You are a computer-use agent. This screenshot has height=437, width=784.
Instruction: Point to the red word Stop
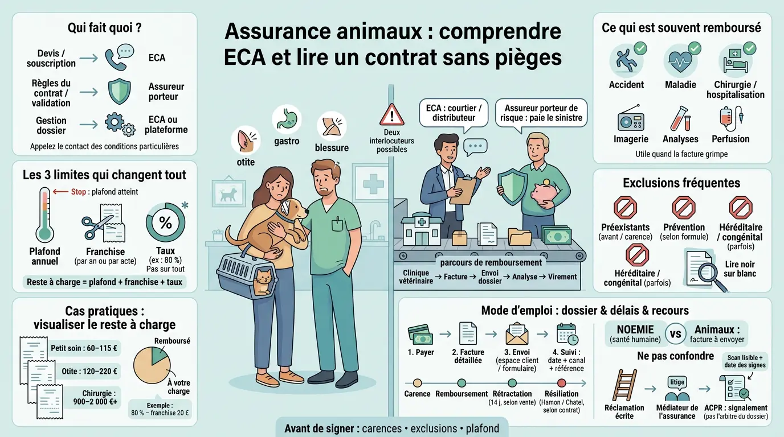pyautogui.click(x=79, y=192)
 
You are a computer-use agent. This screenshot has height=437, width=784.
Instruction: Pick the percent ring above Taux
pyautogui.click(x=165, y=222)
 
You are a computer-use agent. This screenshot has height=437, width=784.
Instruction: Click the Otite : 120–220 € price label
pyautogui.click(x=89, y=372)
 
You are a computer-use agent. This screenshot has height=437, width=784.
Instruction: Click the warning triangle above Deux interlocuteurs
pyautogui.click(x=391, y=115)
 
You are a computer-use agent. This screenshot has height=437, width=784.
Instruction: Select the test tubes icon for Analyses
pyautogui.click(x=680, y=119)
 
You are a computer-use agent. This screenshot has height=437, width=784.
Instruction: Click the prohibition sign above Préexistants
pyautogui.click(x=625, y=208)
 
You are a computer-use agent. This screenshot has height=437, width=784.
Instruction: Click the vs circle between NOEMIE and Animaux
pyautogui.click(x=676, y=333)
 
